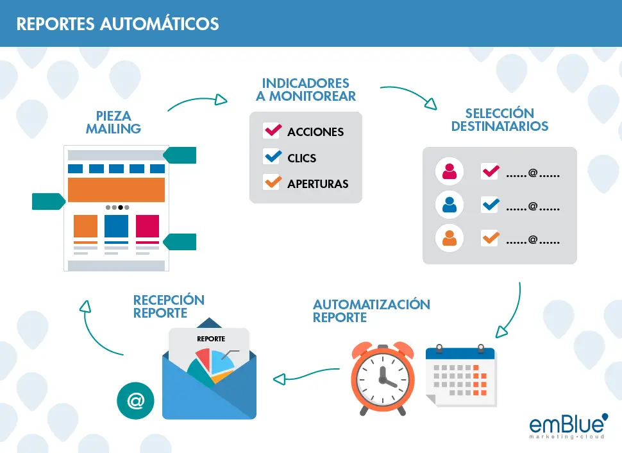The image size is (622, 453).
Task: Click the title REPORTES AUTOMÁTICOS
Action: pos(117,24)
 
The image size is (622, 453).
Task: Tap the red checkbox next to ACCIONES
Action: pos(272,131)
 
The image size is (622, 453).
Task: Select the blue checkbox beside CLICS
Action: pos(272,157)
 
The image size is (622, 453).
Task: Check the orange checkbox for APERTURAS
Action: pos(272,182)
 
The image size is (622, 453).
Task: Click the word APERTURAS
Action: pos(318,184)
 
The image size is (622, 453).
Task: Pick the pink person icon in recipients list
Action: pos(450,171)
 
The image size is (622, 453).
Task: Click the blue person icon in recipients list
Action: pos(450,205)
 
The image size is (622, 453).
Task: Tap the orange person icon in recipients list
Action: pos(450,238)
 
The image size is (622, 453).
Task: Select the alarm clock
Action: pos(383,379)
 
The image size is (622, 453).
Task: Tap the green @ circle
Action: pos(136,400)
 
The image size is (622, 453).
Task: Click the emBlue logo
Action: pos(568,426)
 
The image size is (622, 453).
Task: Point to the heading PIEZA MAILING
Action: pos(113,123)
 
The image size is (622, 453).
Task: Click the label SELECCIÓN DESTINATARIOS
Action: pos(500,119)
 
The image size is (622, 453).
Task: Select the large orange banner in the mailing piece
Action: pos(116,190)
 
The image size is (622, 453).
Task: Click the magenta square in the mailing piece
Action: pos(147,226)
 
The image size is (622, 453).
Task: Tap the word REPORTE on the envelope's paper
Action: pos(211,339)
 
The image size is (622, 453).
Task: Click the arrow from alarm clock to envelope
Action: pos(306,374)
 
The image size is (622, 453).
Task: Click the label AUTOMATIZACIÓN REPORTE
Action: pos(371,311)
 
